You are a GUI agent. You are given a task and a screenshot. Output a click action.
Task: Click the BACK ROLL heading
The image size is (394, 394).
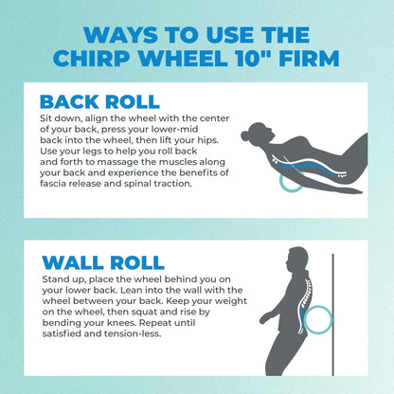pos(100,101)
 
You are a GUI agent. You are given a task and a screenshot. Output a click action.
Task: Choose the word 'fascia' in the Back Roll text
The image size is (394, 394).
pos(59,185)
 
